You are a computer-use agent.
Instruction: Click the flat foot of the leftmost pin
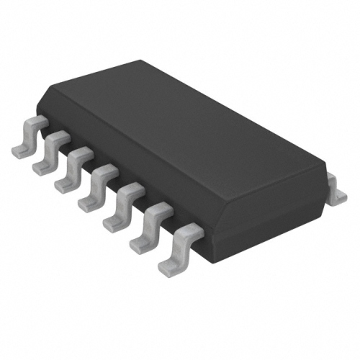20,149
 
